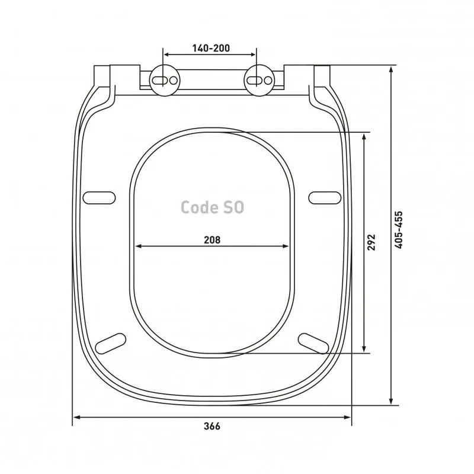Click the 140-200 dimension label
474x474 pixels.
click(211, 48)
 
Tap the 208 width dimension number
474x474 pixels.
click(212, 240)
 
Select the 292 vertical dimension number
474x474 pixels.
click(371, 242)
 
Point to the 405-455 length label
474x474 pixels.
click(399, 230)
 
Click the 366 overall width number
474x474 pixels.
click(212, 426)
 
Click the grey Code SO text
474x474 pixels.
click(212, 207)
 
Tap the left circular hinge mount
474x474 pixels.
click(165, 81)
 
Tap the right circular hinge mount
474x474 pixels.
click(260, 81)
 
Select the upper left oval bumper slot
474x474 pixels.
click(99, 198)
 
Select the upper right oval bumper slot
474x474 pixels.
click(325, 198)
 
